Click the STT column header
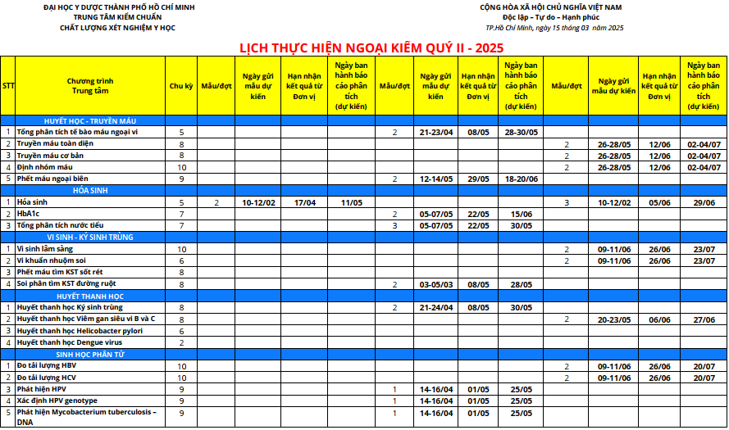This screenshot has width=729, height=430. click(7, 85)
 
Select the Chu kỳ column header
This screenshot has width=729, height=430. click(181, 85)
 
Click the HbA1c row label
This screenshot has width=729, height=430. click(29, 213)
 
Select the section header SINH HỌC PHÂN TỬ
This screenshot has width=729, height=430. click(90, 354)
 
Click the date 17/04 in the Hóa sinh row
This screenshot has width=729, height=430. click(305, 201)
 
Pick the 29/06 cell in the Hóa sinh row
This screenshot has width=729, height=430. click(704, 201)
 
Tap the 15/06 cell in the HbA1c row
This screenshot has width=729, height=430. click(521, 213)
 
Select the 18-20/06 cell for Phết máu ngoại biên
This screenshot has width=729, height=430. click(521, 179)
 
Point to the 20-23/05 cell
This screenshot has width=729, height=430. click(613, 319)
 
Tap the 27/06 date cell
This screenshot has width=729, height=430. click(704, 319)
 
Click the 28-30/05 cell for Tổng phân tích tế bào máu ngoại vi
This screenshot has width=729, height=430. click(521, 132)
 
